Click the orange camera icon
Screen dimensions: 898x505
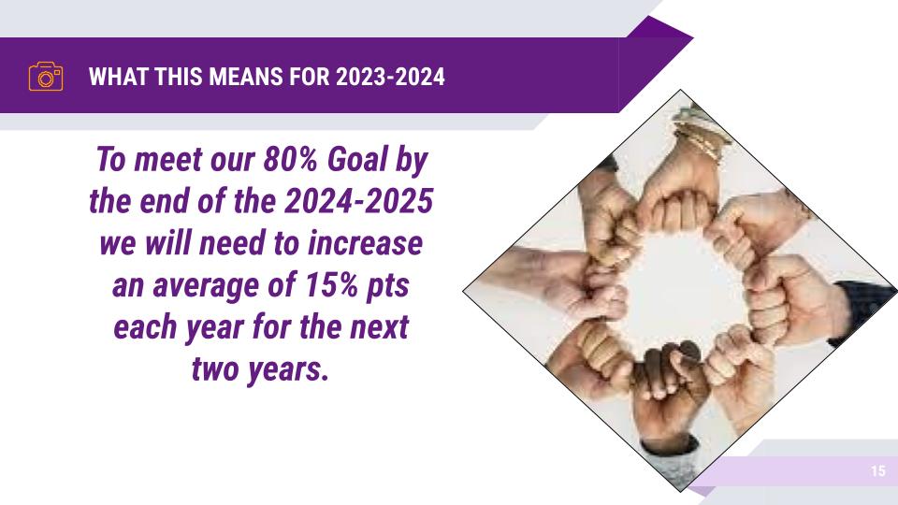[46, 76]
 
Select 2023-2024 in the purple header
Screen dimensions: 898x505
[390, 77]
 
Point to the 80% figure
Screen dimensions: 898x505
[290, 159]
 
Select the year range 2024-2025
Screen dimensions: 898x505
[358, 201]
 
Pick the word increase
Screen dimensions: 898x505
[366, 243]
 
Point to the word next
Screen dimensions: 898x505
[379, 327]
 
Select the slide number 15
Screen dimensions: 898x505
[878, 470]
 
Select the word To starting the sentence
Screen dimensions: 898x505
[110, 159]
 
